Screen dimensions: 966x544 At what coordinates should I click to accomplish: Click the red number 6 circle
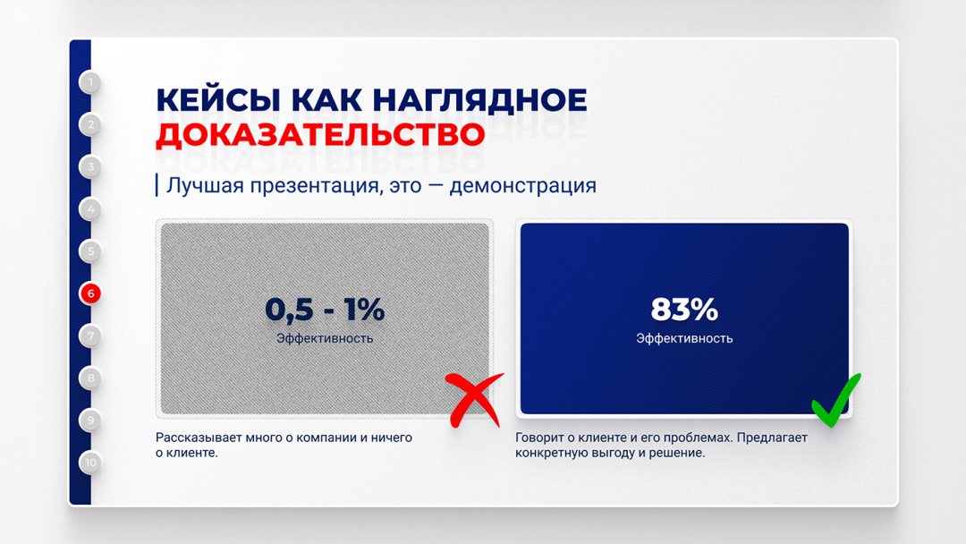[90, 293]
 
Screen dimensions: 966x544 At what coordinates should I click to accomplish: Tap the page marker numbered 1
[90, 82]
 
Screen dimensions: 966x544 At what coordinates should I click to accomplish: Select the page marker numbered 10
[90, 462]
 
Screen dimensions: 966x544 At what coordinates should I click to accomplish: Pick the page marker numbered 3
[90, 166]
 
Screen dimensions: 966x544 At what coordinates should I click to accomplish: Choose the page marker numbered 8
[90, 378]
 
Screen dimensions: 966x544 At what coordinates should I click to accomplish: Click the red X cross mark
[474, 400]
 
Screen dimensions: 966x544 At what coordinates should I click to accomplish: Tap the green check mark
[836, 400]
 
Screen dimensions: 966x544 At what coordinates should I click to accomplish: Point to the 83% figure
[684, 310]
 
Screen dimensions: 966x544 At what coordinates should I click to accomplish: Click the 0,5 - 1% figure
[325, 310]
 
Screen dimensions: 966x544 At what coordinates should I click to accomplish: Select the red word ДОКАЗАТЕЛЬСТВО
[320, 135]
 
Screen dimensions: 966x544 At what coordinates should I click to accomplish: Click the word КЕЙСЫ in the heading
[218, 100]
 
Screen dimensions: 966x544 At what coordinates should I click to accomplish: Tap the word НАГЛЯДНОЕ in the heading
[480, 100]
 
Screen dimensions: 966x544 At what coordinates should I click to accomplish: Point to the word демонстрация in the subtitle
[523, 185]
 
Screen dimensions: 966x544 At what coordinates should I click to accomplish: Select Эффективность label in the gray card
[325, 338]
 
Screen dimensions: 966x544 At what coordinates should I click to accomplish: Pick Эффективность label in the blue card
[684, 338]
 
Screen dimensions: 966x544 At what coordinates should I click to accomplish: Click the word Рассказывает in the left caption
[199, 438]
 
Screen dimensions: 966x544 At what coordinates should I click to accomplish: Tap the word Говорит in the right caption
[539, 438]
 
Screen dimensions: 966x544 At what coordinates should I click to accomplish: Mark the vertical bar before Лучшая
[157, 185]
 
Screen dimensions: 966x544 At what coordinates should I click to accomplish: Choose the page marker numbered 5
[90, 251]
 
